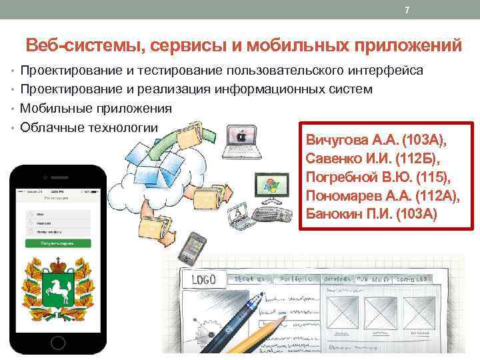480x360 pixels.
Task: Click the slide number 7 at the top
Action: [407, 9]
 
